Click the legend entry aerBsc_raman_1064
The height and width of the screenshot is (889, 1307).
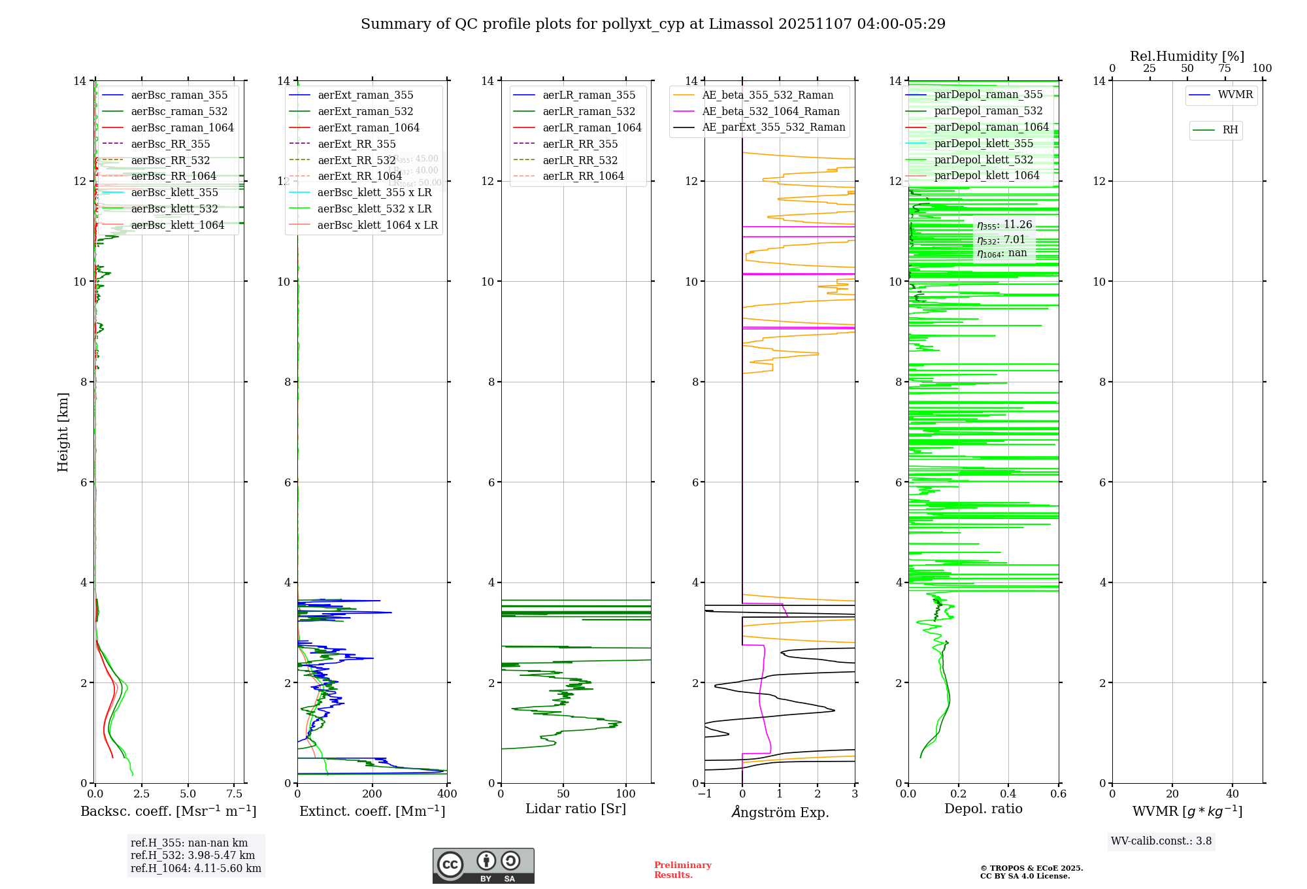point(182,127)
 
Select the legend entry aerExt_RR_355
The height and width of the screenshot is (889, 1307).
point(356,144)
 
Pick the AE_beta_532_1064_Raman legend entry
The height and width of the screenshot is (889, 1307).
point(770,111)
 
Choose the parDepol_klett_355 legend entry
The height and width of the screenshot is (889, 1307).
point(984,143)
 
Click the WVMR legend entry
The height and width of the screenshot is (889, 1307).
point(1235,95)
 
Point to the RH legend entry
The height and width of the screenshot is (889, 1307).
point(1230,130)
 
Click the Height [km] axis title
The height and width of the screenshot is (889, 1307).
point(63,432)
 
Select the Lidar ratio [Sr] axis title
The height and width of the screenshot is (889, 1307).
point(576,809)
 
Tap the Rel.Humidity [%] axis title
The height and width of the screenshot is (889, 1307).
point(1187,56)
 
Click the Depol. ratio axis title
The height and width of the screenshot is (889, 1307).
point(983,809)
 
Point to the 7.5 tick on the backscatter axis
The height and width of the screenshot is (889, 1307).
point(234,794)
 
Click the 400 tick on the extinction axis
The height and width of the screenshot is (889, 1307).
point(447,794)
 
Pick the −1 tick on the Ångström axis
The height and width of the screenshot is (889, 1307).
point(704,794)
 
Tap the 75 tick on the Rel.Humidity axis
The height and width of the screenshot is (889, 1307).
point(1224,69)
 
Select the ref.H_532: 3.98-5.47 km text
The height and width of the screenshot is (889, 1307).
point(192,855)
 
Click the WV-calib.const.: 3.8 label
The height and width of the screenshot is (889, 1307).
point(1161,841)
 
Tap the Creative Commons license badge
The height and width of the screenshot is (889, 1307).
point(483,866)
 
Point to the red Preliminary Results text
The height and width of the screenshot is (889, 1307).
point(682,870)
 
